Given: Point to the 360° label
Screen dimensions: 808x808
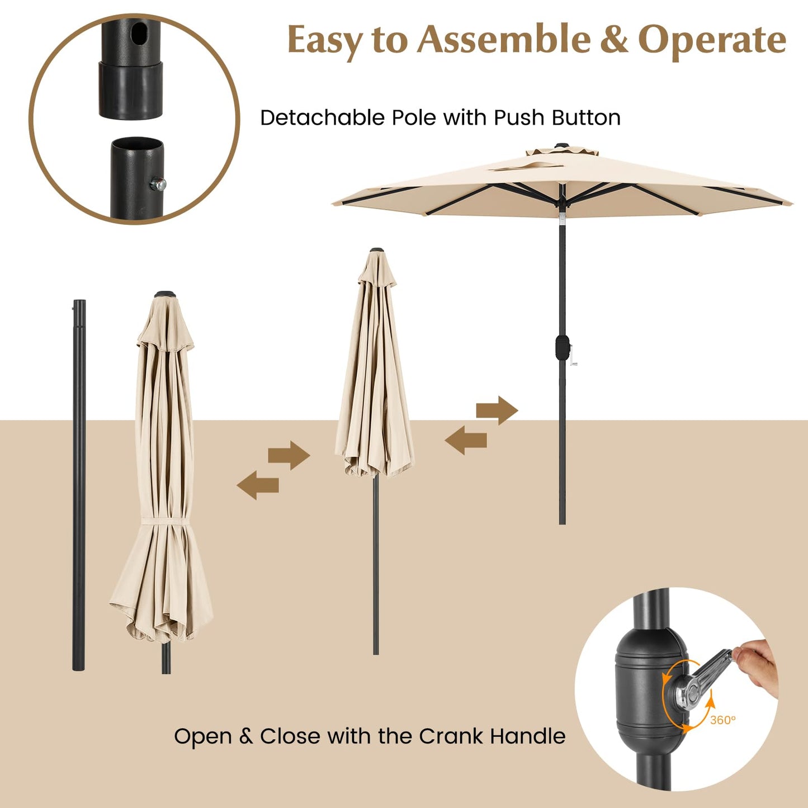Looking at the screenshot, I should click(722, 720).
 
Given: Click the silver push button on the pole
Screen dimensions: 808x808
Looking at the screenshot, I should click(160, 184).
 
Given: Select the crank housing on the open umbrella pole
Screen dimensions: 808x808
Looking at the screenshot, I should click(562, 347).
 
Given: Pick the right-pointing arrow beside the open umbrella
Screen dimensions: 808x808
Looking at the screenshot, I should click(497, 410).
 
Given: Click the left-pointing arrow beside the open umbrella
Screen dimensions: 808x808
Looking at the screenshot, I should click(466, 440).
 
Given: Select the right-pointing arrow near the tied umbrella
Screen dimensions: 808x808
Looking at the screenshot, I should click(289, 455).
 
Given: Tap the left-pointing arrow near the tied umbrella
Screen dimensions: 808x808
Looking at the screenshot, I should click(258, 485).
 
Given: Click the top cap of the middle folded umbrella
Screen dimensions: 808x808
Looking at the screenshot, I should click(377, 251).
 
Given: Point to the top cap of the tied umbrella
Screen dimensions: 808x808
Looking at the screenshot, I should click(164, 294).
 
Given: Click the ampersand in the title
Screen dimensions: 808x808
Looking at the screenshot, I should click(614, 40).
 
